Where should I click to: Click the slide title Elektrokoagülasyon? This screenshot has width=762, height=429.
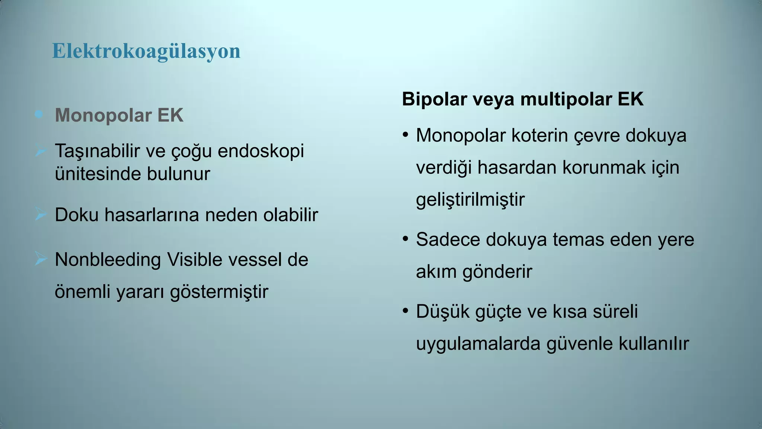point(146,51)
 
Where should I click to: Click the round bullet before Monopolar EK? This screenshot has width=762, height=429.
point(39,114)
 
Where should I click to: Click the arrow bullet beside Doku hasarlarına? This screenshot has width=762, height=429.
point(40,214)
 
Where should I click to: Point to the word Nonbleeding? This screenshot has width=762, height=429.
point(108,260)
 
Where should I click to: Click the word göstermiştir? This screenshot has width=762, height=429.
point(219,292)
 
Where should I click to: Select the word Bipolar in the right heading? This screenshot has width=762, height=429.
point(434,99)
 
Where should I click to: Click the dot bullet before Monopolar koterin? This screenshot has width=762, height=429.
point(406,134)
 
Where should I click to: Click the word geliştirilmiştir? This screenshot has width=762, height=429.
point(470,200)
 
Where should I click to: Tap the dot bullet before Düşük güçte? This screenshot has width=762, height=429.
point(406,311)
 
